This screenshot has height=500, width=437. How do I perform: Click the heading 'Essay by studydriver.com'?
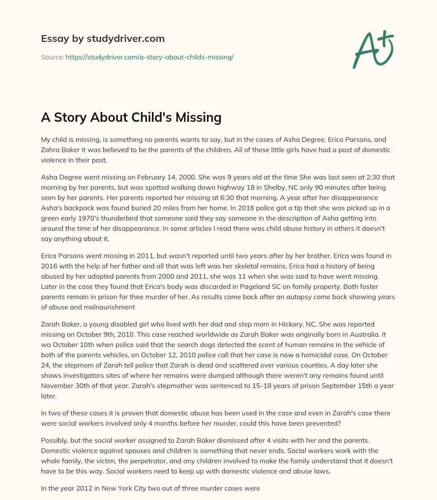tap(103, 38)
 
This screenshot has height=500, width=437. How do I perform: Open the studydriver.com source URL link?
tap(149, 57)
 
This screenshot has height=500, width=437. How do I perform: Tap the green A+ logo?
tap(373, 49)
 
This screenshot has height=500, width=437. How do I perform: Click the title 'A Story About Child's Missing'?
tap(131, 117)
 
